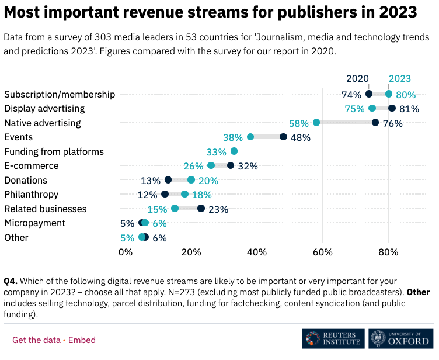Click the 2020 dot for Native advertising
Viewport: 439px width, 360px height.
click(x=375, y=123)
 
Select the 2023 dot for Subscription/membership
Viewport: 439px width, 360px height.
click(x=389, y=94)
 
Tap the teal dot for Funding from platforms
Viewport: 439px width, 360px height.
click(x=234, y=151)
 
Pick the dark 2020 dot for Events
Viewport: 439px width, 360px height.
click(x=283, y=137)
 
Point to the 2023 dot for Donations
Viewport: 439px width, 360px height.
click(x=191, y=180)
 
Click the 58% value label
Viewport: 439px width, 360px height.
click(x=298, y=123)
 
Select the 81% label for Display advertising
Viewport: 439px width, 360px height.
click(x=409, y=109)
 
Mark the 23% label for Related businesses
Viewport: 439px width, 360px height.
click(x=218, y=209)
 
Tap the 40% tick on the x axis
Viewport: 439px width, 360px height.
click(x=257, y=252)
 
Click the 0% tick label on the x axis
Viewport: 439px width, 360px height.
click(x=126, y=252)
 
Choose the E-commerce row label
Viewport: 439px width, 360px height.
click(x=31, y=166)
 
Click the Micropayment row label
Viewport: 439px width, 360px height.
click(x=34, y=223)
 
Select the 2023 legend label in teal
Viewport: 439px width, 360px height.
click(x=400, y=78)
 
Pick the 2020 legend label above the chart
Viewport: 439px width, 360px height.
click(x=357, y=78)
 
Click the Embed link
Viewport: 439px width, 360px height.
click(x=82, y=340)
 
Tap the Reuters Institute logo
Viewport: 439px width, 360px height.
click(x=333, y=339)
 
